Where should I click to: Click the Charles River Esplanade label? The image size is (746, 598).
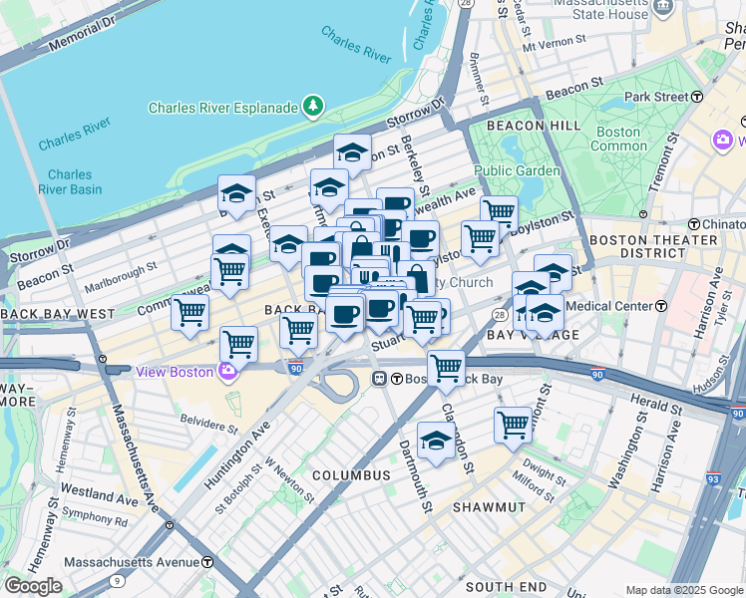pos(222,108)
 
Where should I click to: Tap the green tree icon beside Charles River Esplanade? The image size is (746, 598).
pos(314,105)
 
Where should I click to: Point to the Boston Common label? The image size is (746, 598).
pos(618,139)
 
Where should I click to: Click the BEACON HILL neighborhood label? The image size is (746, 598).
pos(533,126)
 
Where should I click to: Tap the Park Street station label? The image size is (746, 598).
pos(656,97)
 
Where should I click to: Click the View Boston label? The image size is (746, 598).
pos(175,372)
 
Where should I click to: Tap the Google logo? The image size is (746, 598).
pos(33,586)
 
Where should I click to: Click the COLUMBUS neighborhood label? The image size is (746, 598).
pos(350,475)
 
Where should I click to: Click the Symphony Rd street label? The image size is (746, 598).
pos(95,520)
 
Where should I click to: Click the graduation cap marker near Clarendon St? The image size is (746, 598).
pos(436,441)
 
